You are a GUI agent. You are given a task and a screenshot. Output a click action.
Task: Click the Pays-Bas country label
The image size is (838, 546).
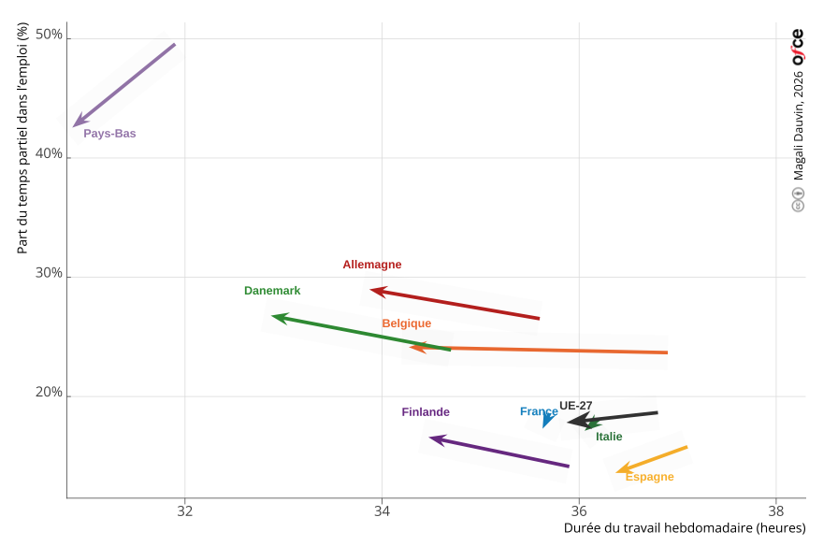(x=109, y=134)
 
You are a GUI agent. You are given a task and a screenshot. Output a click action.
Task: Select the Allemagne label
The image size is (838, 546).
(x=371, y=265)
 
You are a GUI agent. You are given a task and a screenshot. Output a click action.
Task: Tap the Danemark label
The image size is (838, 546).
(x=272, y=291)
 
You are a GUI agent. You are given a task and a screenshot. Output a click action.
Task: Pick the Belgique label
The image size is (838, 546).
(x=406, y=323)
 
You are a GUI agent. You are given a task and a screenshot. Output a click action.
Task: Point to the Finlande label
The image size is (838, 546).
(x=426, y=412)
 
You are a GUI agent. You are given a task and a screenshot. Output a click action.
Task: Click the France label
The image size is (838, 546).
(x=539, y=411)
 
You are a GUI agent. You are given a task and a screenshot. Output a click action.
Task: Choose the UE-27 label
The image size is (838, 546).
(x=576, y=406)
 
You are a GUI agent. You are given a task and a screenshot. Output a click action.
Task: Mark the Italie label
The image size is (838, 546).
(x=609, y=437)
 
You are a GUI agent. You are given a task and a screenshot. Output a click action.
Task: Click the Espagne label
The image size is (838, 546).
(x=649, y=477)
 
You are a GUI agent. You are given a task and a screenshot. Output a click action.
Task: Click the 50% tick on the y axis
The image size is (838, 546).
(x=49, y=36)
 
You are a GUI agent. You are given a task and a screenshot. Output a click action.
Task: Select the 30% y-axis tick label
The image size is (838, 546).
(x=49, y=274)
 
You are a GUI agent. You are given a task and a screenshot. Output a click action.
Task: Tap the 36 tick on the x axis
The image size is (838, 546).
(x=579, y=511)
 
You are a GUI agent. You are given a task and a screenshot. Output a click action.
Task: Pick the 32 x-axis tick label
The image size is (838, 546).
(x=185, y=511)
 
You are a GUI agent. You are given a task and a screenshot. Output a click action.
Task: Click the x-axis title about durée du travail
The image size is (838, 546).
(x=684, y=528)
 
